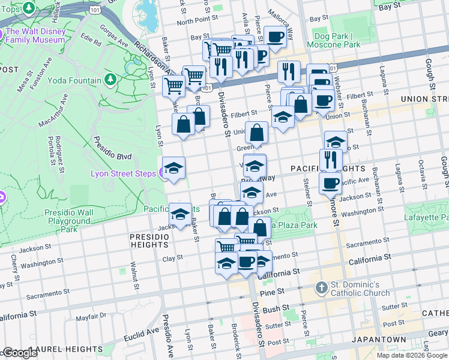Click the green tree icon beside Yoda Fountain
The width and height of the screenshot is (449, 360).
point(110,80)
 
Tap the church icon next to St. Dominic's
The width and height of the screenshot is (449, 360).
point(322,289)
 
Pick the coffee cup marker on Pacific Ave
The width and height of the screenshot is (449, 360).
point(330,183)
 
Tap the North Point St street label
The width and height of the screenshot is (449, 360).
point(193,21)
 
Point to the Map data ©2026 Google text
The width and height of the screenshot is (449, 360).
point(412,355)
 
